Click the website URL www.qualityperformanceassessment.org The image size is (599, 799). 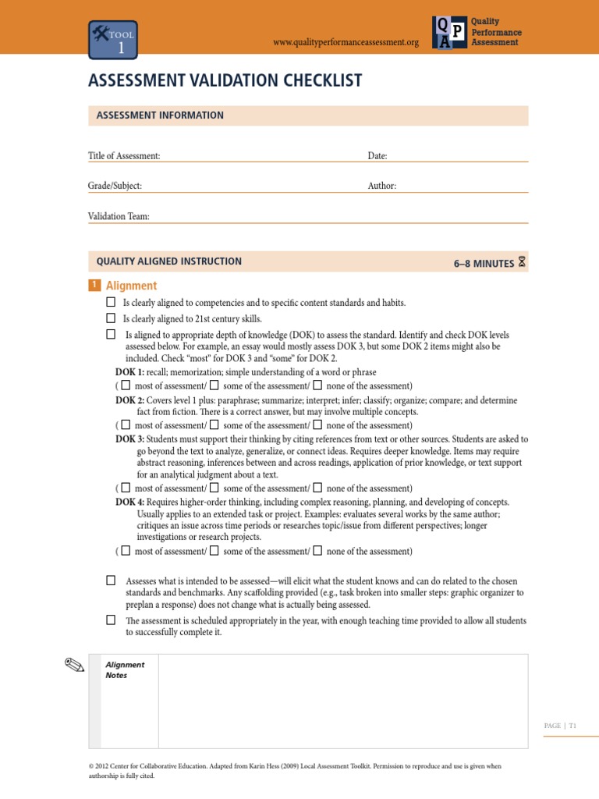pos(346,42)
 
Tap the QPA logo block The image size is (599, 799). pos(451,32)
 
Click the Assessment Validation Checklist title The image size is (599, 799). pos(225,81)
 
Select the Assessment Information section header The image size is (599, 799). pos(160,115)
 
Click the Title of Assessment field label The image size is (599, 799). pos(124,156)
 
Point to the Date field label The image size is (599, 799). pos(377,156)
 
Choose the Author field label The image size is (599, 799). pos(382,186)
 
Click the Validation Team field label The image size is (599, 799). pos(119,216)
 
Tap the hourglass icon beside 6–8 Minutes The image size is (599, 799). pos(522,262)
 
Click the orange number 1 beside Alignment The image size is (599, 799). pos(94,286)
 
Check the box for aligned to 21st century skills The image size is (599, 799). pos(111,318)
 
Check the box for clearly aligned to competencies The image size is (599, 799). pos(111,302)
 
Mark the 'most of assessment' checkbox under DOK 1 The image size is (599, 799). pos(126,385)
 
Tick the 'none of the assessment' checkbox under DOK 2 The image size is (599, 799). pos(317,425)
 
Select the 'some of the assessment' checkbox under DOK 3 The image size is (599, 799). pos(214,488)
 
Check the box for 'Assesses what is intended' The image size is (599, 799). pos(111,581)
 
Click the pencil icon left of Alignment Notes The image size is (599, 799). pos(75,665)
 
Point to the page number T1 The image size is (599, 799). pos(572,726)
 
